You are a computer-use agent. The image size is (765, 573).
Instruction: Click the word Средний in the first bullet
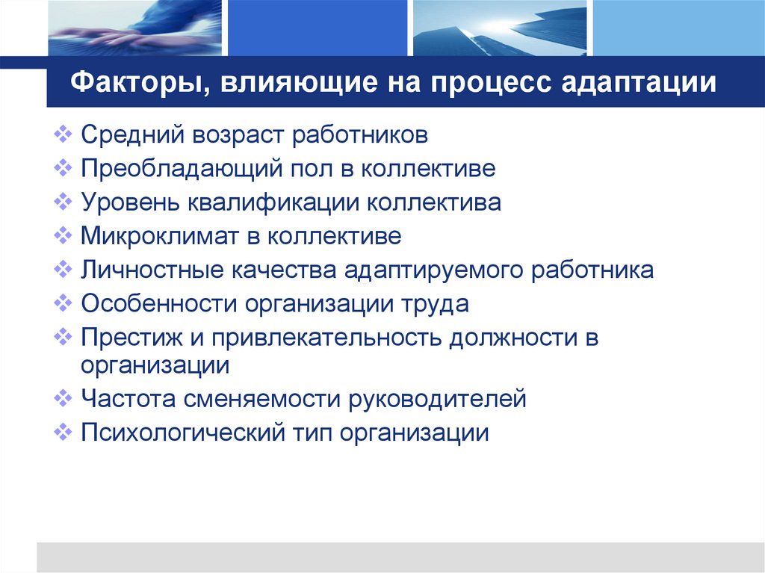click(131, 136)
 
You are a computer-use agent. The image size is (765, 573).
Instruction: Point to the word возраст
click(240, 136)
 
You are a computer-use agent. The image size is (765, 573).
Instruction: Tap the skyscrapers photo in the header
click(498, 28)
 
